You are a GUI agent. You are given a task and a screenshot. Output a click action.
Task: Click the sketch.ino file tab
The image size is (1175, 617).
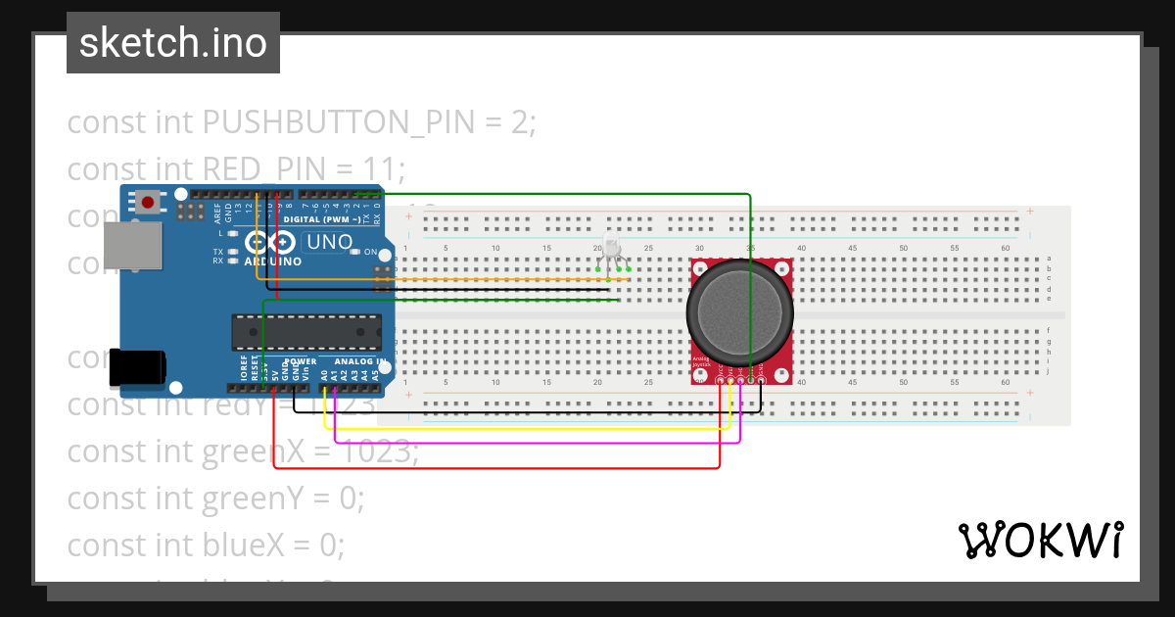point(172,43)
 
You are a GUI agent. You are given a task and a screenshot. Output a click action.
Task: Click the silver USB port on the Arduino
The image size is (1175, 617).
point(131,245)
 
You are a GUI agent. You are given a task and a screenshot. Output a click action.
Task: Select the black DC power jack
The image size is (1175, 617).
point(135,366)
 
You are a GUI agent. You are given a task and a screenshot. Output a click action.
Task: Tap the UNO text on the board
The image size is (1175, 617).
point(330,242)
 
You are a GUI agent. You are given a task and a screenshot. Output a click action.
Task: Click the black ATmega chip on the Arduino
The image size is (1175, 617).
point(306,332)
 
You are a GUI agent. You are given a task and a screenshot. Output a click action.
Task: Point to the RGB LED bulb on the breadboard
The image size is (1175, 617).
point(611,246)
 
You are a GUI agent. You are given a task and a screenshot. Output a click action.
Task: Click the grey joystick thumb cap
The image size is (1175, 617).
point(740,308)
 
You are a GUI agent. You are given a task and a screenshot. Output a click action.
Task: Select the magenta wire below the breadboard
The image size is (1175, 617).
point(539,440)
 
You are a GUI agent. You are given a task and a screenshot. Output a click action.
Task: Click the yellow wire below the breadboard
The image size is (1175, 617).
point(529,429)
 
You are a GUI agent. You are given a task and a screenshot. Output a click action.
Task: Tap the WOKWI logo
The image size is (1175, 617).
point(1039,540)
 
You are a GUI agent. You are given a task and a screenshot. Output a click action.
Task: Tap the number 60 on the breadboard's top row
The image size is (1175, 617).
point(1006,248)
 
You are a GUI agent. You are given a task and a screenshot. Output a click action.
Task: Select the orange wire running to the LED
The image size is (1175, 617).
point(441,280)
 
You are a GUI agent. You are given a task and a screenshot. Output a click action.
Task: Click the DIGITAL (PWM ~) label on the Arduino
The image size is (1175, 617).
point(317,219)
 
